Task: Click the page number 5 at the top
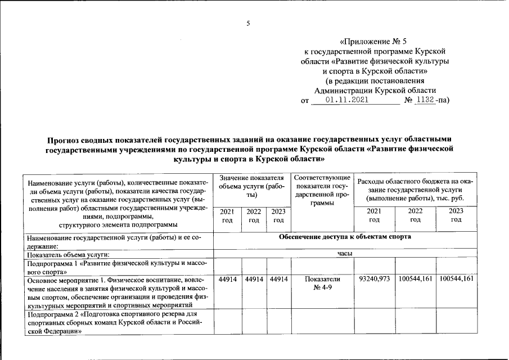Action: click(247, 24)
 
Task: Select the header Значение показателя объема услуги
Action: click(252, 186)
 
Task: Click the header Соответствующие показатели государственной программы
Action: click(322, 190)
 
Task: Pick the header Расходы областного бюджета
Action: click(415, 190)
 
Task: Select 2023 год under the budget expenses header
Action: click(456, 215)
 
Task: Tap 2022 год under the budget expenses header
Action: click(415, 215)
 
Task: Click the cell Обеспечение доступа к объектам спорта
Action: click(345, 237)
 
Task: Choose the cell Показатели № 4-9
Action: click(322, 283)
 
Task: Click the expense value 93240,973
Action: click(374, 279)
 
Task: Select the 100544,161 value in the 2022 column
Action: click(415, 279)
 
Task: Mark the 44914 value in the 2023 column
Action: click(278, 279)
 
